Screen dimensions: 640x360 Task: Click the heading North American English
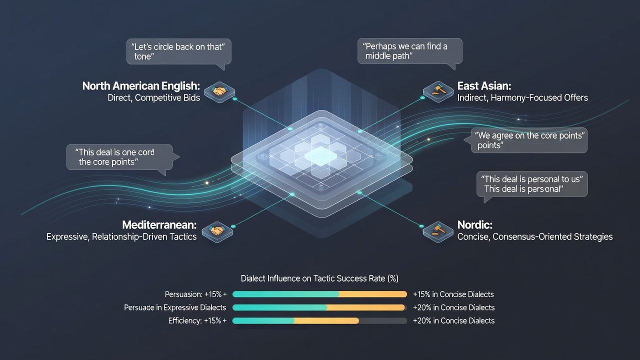point(141,86)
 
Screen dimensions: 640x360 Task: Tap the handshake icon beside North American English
point(219,91)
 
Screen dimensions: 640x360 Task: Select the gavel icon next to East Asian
point(438,91)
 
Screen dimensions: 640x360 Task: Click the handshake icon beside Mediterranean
point(217,231)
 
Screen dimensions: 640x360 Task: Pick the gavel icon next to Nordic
point(438,231)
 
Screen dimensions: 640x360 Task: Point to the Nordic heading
point(474,225)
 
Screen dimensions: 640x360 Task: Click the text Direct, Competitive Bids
point(153,97)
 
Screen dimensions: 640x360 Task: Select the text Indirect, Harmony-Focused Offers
point(522,97)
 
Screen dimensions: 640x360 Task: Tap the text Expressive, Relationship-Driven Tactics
point(121,236)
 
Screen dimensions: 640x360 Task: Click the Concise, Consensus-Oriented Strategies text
point(535,236)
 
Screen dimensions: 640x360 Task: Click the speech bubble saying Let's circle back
point(179,51)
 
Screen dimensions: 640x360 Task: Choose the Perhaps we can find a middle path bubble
point(409,51)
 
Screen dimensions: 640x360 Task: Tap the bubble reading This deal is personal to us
point(532,184)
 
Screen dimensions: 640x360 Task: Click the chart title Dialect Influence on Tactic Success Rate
point(319,278)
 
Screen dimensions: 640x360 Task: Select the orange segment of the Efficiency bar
point(326,320)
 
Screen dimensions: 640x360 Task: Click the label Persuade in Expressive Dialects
point(175,307)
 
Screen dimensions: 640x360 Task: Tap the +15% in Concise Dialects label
point(453,294)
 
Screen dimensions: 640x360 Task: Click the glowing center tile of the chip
point(320,156)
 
